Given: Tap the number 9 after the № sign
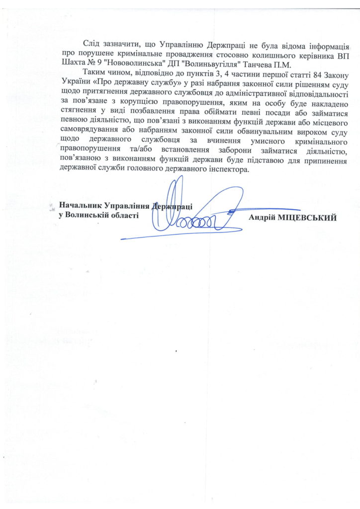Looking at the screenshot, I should click(100, 65).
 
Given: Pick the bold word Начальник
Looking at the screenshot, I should click(81, 204).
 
